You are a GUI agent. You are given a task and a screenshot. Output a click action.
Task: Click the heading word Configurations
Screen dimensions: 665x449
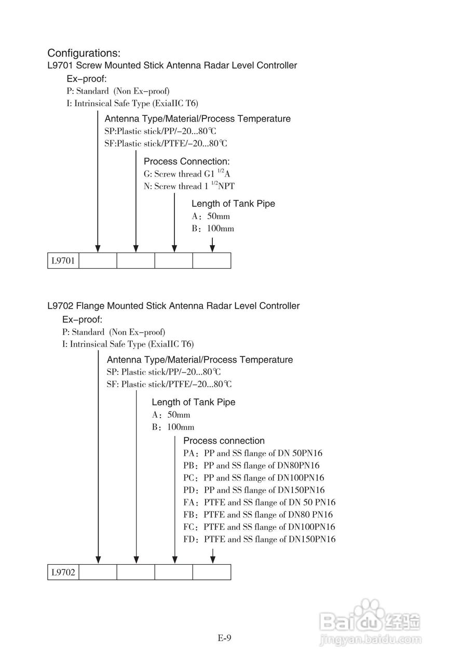pos(84,53)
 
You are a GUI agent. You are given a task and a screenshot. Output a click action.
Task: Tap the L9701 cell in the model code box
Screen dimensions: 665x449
pos(63,261)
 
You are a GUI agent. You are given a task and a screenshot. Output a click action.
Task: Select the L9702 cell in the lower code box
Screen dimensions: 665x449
pos(63,573)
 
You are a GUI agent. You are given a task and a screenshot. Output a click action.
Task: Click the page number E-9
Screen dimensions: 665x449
pos(224,638)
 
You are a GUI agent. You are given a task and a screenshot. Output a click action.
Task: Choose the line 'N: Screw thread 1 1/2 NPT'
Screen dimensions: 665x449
pos(192,186)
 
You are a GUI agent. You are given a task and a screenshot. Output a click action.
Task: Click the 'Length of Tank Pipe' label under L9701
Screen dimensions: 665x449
pos(233,204)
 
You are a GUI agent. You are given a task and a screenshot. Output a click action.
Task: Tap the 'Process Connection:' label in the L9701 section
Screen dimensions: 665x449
pos(186,162)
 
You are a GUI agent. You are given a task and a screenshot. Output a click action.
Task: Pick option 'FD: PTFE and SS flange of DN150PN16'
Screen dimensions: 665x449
pos(259,539)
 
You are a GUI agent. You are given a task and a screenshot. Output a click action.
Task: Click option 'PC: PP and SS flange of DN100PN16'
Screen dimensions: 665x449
pos(254,478)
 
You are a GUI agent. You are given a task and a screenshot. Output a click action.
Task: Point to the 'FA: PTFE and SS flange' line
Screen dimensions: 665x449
pos(259,502)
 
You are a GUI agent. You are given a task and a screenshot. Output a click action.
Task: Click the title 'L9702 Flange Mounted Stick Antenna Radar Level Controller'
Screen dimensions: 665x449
pos(173,306)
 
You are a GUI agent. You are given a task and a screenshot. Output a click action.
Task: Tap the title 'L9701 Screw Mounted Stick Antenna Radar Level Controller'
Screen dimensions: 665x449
pos(172,65)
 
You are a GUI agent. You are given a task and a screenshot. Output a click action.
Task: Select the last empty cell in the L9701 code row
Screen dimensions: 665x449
pos(211,261)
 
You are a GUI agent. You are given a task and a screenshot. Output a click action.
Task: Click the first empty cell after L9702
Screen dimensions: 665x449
pos(98,573)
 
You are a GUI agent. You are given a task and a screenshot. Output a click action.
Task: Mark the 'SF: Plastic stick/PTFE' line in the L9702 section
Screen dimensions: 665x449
pos(169,384)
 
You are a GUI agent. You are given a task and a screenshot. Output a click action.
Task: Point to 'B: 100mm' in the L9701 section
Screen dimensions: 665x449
pos(212,229)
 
